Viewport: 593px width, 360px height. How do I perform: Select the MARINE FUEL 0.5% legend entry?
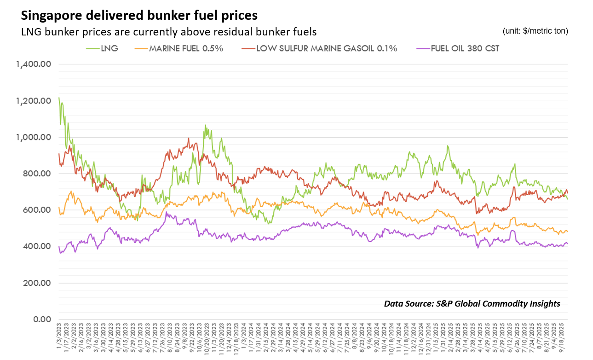click(186, 48)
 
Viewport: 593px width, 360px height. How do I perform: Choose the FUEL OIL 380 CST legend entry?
click(465, 48)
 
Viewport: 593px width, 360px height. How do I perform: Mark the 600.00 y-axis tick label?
click(36, 210)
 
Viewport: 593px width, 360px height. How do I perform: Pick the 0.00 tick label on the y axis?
click(40, 319)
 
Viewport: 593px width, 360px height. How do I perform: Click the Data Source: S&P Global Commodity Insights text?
click(472, 303)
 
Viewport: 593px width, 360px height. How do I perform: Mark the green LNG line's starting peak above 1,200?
click(59, 98)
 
